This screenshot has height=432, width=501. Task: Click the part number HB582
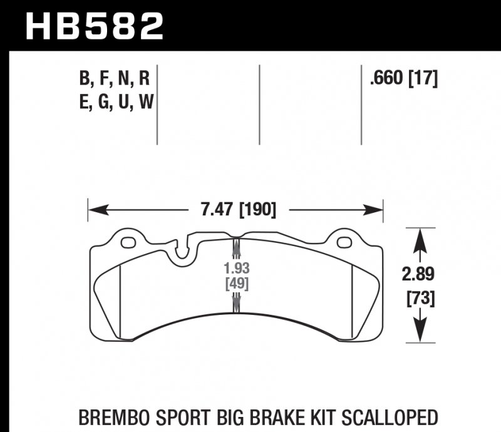[93, 26]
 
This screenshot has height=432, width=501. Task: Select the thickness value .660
[387, 80]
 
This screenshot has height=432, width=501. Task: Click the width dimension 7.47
[217, 209]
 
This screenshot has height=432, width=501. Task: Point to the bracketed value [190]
[257, 209]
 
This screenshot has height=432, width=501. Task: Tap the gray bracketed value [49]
[237, 284]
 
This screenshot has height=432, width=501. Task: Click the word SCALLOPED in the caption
[386, 417]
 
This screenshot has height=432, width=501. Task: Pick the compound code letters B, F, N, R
[115, 80]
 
